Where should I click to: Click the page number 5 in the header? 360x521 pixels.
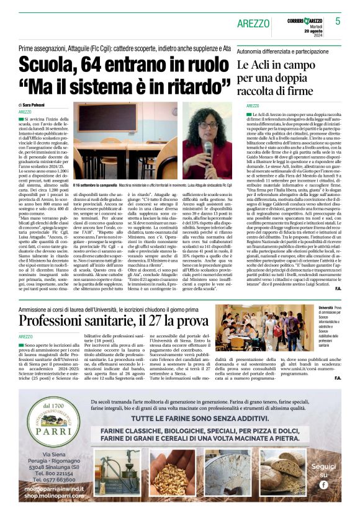(x=338, y=21)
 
